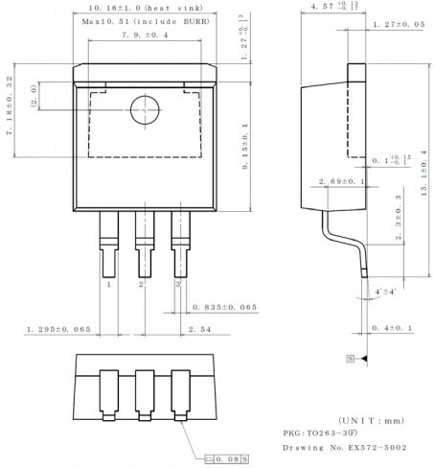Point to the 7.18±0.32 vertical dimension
(x=11, y=106)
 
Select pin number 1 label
(x=108, y=284)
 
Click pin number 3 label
(x=177, y=284)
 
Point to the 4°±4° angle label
(x=386, y=291)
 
